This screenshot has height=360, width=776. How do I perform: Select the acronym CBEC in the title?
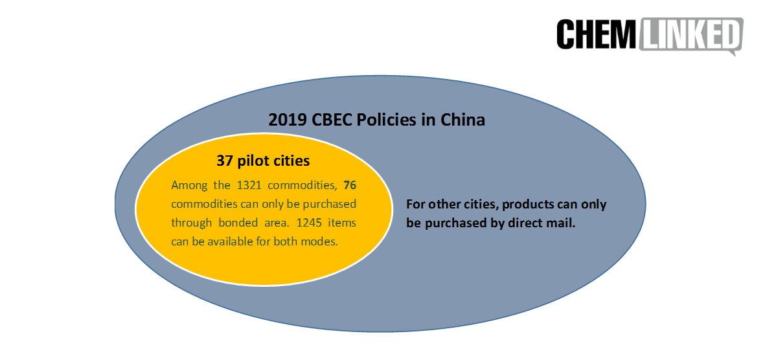coord(332,120)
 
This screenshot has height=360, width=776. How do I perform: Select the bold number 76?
coord(350,185)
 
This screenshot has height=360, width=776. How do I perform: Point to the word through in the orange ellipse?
coord(190,223)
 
